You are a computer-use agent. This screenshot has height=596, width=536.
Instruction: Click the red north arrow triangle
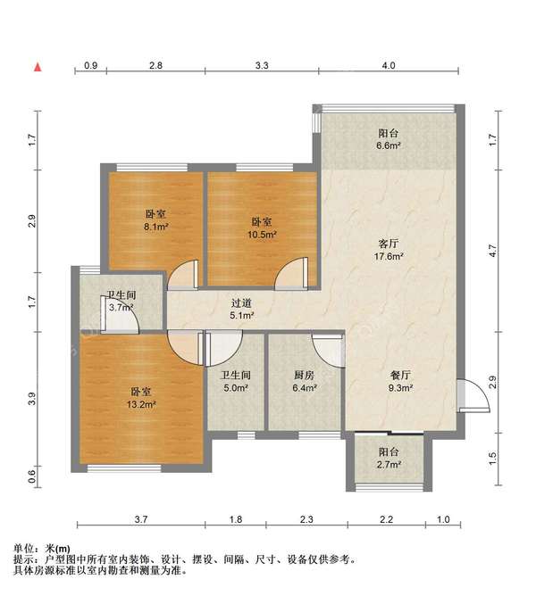pyautogui.click(x=38, y=67)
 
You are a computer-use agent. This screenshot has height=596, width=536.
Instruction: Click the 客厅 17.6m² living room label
pyautogui.click(x=389, y=249)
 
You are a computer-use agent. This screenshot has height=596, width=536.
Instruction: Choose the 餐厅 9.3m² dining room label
pyautogui.click(x=400, y=382)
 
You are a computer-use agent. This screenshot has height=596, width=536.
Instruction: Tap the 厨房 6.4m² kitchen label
pyautogui.click(x=305, y=382)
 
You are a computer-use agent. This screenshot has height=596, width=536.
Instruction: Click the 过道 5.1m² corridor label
pyautogui.click(x=241, y=309)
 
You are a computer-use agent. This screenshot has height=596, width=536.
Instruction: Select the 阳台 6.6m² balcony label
pyautogui.click(x=389, y=139)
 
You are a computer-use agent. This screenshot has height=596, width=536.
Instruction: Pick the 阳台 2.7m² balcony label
pyautogui.click(x=389, y=458)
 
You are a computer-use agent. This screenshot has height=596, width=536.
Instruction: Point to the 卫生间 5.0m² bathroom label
pyautogui.click(x=236, y=382)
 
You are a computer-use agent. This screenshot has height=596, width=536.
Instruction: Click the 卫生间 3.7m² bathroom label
pyautogui.click(x=121, y=301)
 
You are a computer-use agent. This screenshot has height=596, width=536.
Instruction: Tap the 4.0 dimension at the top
pyautogui.click(x=389, y=65)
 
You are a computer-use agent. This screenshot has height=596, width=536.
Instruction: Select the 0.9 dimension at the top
pyautogui.click(x=90, y=65)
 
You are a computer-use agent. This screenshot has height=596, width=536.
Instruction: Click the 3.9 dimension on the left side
pyautogui.click(x=32, y=398)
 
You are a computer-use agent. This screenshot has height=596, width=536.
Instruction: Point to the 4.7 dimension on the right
pyautogui.click(x=493, y=251)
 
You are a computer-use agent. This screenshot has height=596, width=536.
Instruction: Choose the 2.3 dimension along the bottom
pyautogui.click(x=306, y=519)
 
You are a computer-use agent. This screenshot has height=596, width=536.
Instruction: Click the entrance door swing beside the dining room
pyautogui.click(x=473, y=395)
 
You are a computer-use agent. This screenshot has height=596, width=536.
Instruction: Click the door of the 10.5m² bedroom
pyautogui.click(x=291, y=274)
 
